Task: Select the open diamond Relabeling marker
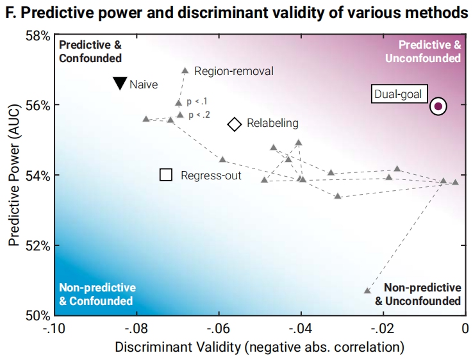(x=235, y=124)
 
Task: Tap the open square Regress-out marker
(x=166, y=174)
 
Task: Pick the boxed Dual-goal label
(x=398, y=94)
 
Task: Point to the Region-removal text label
(x=233, y=71)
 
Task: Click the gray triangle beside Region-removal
(x=185, y=70)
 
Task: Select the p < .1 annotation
(x=197, y=101)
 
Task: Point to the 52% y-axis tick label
(x=37, y=245)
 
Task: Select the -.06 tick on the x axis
(x=219, y=329)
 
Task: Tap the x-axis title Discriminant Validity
(x=259, y=347)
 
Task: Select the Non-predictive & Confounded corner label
(x=97, y=294)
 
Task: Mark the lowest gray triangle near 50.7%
(x=367, y=290)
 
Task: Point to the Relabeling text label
(x=272, y=123)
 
